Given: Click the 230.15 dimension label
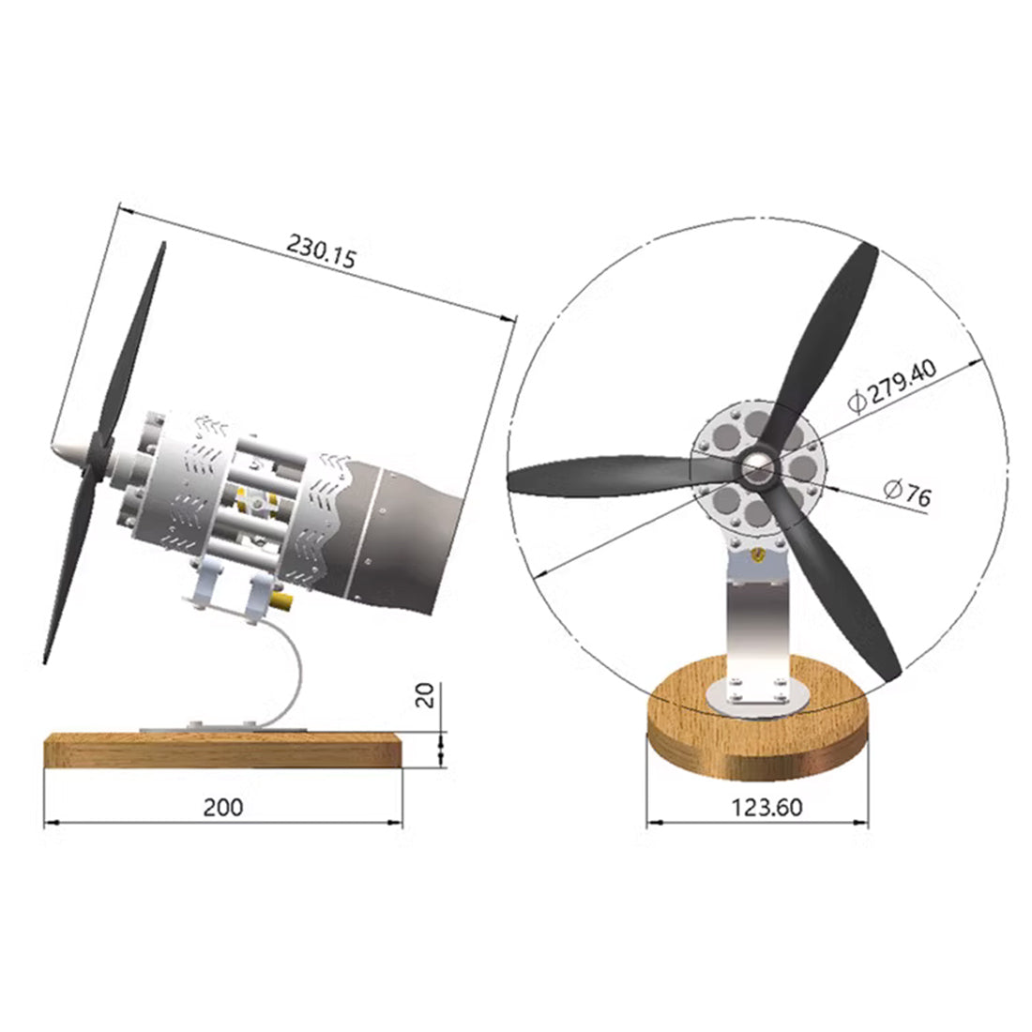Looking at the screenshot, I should pyautogui.click(x=322, y=253).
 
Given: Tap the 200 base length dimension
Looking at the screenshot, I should pyautogui.click(x=223, y=807).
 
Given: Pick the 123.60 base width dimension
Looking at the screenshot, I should pyautogui.click(x=757, y=807).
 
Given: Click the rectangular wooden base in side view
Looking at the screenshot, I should pyautogui.click(x=223, y=751).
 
